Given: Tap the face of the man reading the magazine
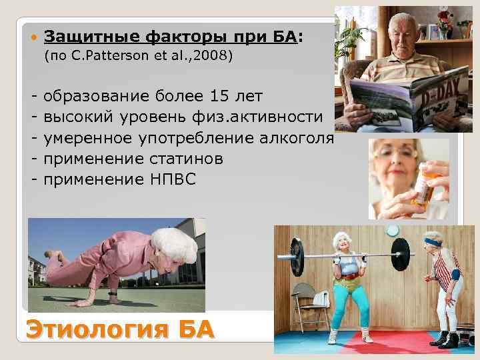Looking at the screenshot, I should (x=407, y=33).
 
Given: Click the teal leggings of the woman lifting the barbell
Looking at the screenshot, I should (x=349, y=304).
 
